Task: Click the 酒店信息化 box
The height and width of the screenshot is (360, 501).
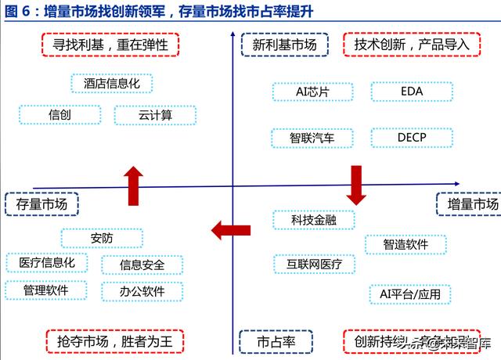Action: coord(111,83)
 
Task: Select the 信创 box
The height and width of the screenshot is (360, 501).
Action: coord(59,115)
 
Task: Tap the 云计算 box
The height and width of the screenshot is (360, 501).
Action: coord(155,115)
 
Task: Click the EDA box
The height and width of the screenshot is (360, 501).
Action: coord(411,92)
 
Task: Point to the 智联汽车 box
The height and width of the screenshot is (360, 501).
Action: coord(312,139)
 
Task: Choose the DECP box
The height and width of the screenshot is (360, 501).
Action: coord(411,139)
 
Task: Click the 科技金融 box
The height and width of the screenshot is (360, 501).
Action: coord(313,220)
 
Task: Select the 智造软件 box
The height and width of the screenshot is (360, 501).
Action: coord(405,244)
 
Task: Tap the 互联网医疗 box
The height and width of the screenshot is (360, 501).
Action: coord(313,264)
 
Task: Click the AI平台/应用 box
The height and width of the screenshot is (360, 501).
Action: coord(410,294)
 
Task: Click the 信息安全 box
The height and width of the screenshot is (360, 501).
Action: coord(142,265)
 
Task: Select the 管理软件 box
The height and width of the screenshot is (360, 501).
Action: coord(47,290)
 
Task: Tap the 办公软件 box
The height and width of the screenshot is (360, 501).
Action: coord(142,292)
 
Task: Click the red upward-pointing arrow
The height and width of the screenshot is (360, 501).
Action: coord(134,186)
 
